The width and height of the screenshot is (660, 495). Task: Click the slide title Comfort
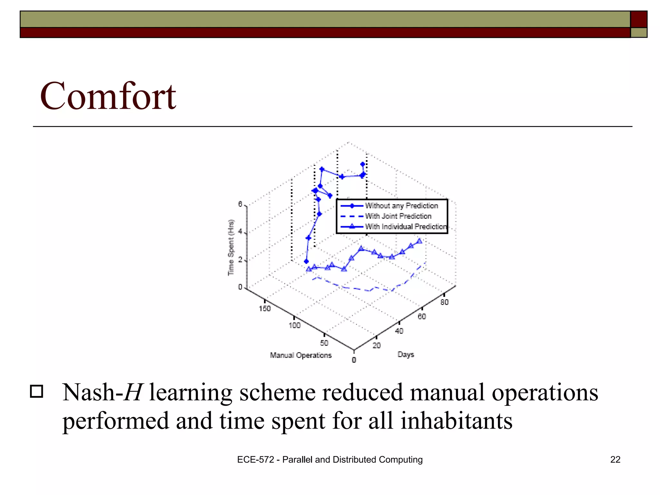pyautogui.click(x=108, y=96)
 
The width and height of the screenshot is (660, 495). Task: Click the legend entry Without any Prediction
pyautogui.click(x=401, y=206)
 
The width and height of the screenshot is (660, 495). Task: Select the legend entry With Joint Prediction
pyautogui.click(x=398, y=216)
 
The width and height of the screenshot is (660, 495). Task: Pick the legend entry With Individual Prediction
pyautogui.click(x=405, y=227)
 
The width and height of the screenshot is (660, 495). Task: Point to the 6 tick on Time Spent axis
pyautogui.click(x=240, y=204)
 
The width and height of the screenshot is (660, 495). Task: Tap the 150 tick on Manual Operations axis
pyautogui.click(x=265, y=308)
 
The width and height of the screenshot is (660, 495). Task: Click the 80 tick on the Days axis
pyautogui.click(x=444, y=302)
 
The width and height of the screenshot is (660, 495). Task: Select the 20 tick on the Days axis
pyautogui.click(x=376, y=345)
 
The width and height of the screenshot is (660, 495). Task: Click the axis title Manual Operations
pyautogui.click(x=301, y=355)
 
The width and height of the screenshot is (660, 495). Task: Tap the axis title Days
pyautogui.click(x=406, y=354)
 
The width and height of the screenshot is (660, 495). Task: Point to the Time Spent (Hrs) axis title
pyautogui.click(x=231, y=247)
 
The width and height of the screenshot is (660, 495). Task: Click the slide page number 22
pyautogui.click(x=615, y=460)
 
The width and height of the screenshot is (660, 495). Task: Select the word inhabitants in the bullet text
pyautogui.click(x=456, y=421)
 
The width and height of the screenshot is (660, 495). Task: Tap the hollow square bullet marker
pyautogui.click(x=36, y=392)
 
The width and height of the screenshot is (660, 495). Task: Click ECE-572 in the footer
pyautogui.click(x=255, y=460)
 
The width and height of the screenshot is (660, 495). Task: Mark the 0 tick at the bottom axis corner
pyautogui.click(x=354, y=360)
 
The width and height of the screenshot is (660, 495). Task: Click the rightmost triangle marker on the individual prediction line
pyautogui.click(x=419, y=241)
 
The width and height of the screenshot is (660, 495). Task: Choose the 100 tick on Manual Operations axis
pyautogui.click(x=294, y=325)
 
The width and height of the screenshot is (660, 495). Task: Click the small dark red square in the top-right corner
pyautogui.click(x=639, y=19)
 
